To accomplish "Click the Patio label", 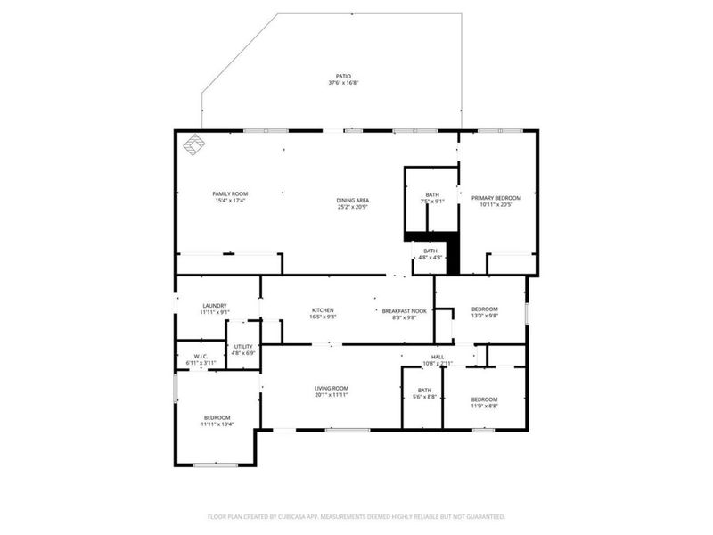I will pos(343,78).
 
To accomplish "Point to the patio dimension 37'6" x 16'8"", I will pos(343,84).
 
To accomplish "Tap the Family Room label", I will pos(230,193).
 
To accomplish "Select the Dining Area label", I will pos(352,200).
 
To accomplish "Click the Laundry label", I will pos(214,305).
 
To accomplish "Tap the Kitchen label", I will pos(322,310).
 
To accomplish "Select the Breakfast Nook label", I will pos(405,311).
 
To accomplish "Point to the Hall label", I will pos(438,358).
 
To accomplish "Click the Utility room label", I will pos(243,347).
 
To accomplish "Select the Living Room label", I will pos(331,388).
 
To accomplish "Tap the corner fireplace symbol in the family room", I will pos(193,144).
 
